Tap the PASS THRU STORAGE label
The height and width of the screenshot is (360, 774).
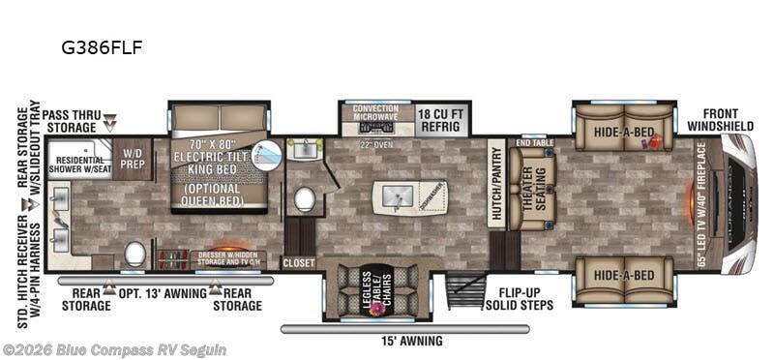[69, 120]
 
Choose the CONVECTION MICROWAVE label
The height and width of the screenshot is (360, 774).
[374, 114]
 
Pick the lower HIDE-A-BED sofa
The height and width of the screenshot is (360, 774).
[621, 275]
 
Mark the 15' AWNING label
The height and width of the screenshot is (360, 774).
[410, 341]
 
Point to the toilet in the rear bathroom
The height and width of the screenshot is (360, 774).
[134, 254]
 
